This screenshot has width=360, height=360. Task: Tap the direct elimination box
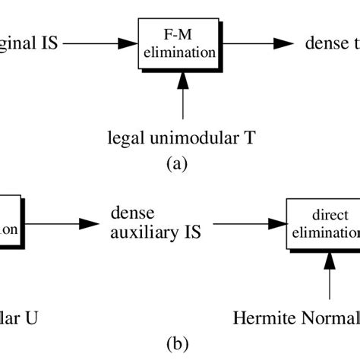(x=324, y=224)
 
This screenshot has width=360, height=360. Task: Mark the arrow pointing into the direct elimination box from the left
(x=246, y=224)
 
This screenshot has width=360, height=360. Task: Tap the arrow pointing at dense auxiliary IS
(x=76, y=224)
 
